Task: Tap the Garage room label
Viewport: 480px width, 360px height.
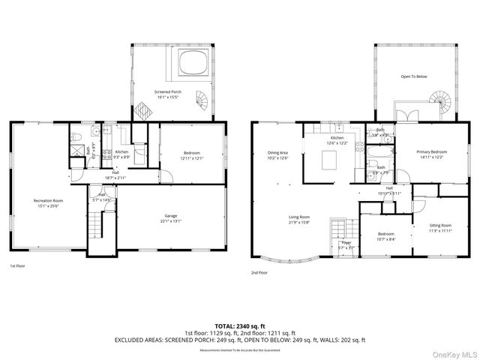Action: point(172,217)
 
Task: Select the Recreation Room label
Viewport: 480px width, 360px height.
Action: point(47,202)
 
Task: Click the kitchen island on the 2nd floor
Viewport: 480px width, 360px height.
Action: point(328,160)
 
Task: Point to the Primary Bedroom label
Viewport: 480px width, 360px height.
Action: point(431,154)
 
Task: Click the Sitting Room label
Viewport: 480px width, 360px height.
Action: point(440,227)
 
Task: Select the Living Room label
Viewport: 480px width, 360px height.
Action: point(299,220)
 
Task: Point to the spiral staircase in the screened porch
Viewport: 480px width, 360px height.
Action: point(202,99)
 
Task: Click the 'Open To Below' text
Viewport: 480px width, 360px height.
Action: point(414,76)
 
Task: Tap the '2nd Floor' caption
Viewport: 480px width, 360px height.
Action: point(259,273)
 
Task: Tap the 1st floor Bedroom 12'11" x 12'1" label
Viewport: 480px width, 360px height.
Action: point(191,156)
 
